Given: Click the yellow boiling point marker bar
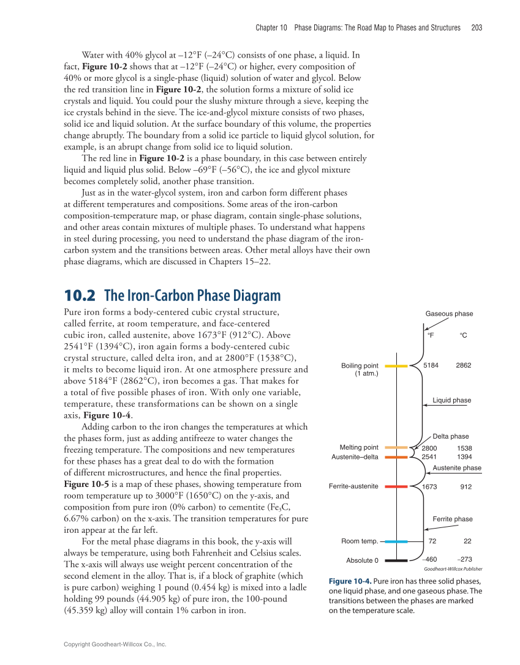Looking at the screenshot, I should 396,366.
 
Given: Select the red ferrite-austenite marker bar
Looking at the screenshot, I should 396,486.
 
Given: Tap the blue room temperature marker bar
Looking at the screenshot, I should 396,541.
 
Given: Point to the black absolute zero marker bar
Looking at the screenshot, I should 396,560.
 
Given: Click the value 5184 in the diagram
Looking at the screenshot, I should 431,365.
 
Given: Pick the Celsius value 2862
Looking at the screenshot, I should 464,365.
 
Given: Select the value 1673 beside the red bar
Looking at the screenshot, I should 431,486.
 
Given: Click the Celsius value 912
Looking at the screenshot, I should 466,486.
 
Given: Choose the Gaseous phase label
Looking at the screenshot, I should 449,314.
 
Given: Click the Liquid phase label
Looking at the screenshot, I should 452,400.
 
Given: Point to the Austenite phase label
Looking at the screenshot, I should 457,467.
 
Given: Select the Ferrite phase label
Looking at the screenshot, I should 453,519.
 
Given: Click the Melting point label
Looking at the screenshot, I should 359,447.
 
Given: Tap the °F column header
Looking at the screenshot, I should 431,335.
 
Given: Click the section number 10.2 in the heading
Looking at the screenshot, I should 80,296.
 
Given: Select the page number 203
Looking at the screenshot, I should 477,28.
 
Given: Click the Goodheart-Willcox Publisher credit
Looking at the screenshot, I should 453,568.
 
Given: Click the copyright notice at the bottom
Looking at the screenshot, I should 115,644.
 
